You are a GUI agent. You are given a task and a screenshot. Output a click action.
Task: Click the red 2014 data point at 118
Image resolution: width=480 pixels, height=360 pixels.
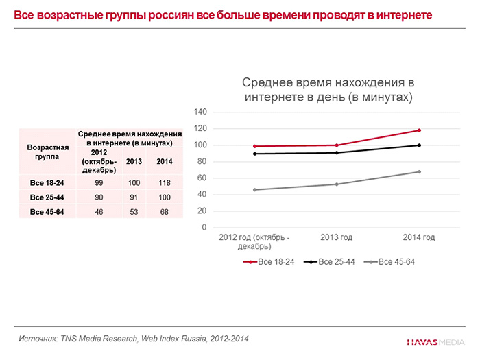[418, 130]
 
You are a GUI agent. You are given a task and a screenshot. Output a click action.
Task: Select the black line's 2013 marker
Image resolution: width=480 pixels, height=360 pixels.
[336, 152]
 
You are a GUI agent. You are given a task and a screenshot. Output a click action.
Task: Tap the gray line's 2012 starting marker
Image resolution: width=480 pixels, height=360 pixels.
[254, 189]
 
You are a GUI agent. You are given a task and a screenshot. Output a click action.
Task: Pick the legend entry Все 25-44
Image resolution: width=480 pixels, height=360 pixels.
[333, 262]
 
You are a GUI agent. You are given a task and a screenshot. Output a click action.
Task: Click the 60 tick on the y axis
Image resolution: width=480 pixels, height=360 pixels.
[202, 178]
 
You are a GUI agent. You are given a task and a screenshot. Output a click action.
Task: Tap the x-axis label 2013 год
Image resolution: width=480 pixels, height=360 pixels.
[336, 237]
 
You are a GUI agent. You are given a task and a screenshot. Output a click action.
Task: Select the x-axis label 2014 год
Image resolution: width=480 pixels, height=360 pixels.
[418, 237]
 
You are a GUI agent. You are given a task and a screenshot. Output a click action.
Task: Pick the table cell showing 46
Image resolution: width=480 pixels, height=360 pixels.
[99, 212]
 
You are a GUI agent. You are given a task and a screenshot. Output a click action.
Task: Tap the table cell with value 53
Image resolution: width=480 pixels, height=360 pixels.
[133, 212]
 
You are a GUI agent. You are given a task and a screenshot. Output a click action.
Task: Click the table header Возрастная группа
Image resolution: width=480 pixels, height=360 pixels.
[47, 152]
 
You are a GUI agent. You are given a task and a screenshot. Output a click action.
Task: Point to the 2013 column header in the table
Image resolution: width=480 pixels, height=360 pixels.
[133, 161]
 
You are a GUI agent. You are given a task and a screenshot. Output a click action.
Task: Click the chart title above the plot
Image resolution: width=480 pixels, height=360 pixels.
[328, 90]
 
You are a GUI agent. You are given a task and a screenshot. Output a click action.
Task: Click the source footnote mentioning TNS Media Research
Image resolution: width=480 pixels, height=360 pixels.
[133, 339]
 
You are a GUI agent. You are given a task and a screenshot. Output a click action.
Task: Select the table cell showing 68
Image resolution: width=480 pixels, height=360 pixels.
[165, 212]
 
